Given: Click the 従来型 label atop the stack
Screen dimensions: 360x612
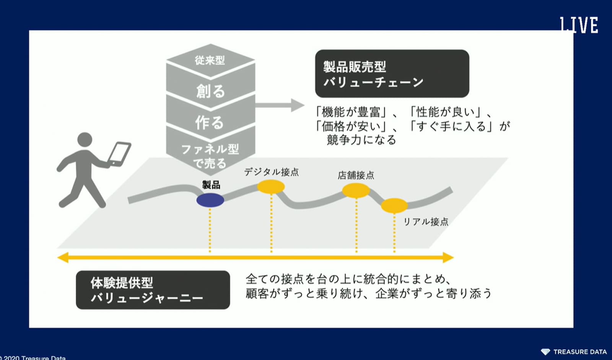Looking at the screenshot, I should [x=210, y=60].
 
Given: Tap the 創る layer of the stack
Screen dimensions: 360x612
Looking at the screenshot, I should [x=210, y=91].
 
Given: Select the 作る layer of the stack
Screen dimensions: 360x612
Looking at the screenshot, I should [x=210, y=122].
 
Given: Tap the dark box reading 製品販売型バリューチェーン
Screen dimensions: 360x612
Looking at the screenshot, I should [x=392, y=73].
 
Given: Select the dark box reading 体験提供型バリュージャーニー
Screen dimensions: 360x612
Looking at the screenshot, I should [x=153, y=290].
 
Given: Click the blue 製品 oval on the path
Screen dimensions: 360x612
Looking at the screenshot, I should [x=210, y=200].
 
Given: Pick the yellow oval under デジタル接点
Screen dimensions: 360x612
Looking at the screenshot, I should [x=271, y=187].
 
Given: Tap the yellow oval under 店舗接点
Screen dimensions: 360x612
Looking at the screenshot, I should [x=356, y=190].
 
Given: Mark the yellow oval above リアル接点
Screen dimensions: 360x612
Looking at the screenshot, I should [x=394, y=205].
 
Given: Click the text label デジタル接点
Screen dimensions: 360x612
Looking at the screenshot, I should [x=271, y=172].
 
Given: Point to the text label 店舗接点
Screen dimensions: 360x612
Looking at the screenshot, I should [x=356, y=176].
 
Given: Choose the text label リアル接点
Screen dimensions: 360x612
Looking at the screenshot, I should [x=426, y=222].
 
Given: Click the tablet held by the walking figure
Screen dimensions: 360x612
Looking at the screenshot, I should [x=119, y=153].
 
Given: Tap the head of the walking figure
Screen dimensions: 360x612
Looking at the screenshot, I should [x=85, y=140].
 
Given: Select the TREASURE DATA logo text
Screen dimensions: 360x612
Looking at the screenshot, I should [x=579, y=352].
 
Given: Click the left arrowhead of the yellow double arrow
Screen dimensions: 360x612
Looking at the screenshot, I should [x=63, y=257].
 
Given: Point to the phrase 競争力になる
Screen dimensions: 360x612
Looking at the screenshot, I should [x=361, y=140].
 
